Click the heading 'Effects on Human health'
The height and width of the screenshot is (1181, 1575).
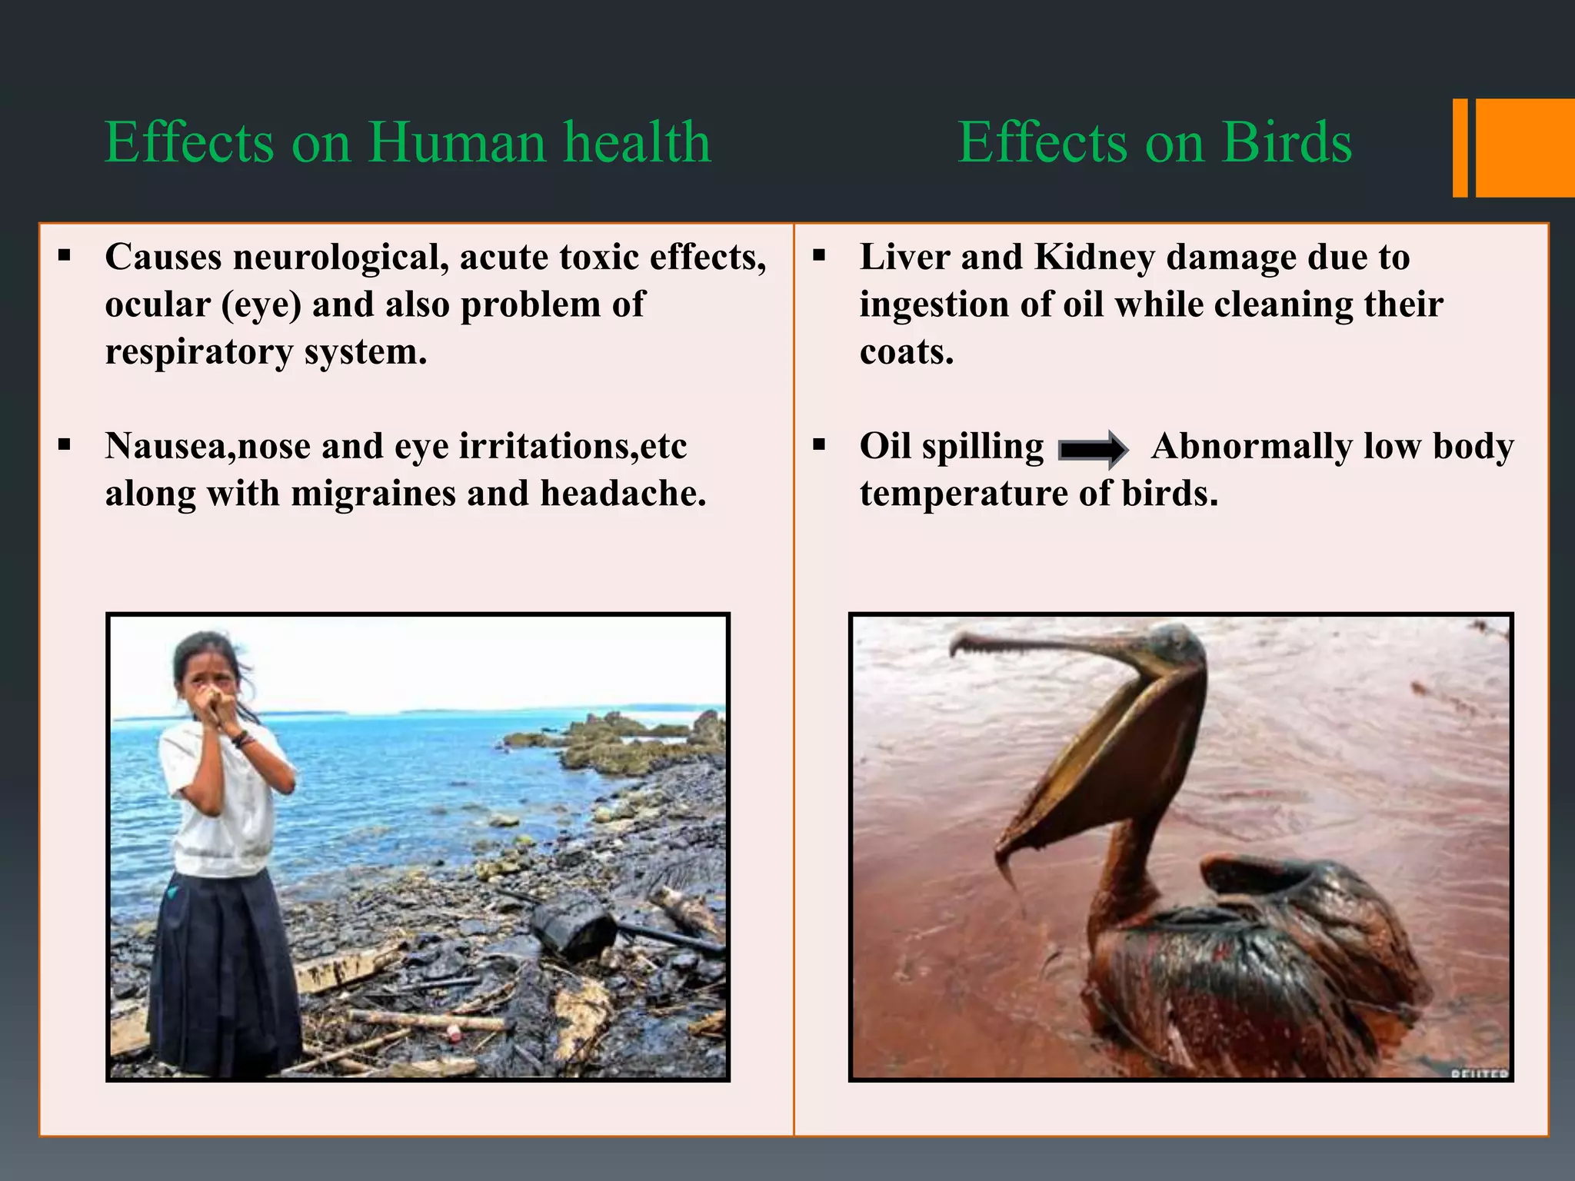(408, 142)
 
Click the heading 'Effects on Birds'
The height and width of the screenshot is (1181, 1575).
(1154, 142)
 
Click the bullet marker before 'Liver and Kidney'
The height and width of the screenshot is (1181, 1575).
(819, 255)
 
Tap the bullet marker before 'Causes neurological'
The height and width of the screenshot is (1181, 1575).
(65, 255)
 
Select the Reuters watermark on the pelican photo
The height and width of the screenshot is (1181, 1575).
(1479, 1073)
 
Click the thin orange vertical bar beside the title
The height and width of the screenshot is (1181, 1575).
(1460, 148)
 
